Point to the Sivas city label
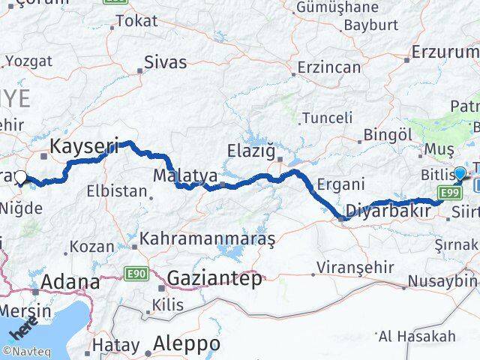pyautogui.click(x=165, y=62)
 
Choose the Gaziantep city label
pyautogui.click(x=214, y=279)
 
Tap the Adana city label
pyautogui.click(x=71, y=283)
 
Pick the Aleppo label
pyautogui.click(x=186, y=344)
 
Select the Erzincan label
pyautogui.click(x=328, y=67)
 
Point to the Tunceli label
pyautogui.click(x=327, y=117)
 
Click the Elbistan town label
pyautogui.click(x=117, y=190)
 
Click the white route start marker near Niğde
pyautogui.click(x=20, y=178)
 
